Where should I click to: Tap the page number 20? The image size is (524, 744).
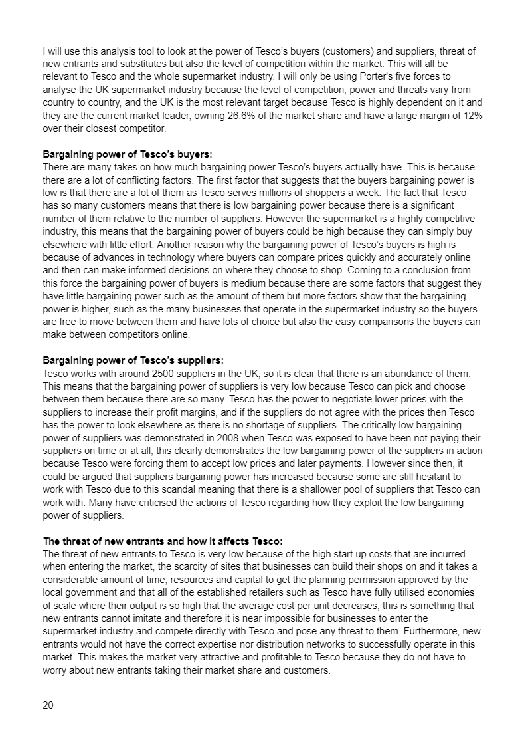pyautogui.click(x=48, y=705)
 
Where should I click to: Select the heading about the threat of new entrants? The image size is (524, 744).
pyautogui.click(x=163, y=541)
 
